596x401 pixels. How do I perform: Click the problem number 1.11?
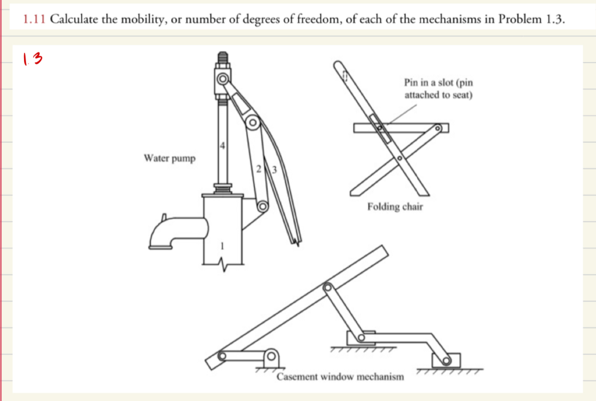click(x=35, y=20)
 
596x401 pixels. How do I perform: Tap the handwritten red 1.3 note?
click(x=32, y=59)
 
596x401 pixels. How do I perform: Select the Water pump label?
click(x=169, y=158)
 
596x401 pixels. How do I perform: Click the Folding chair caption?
click(x=395, y=207)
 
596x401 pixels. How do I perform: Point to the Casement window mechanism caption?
click(x=340, y=377)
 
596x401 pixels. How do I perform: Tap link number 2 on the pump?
click(x=259, y=169)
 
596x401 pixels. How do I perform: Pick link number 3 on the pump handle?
click(x=274, y=169)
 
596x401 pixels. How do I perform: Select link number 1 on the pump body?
click(x=222, y=246)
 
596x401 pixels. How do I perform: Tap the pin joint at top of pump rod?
click(x=223, y=78)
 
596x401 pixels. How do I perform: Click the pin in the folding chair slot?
click(x=380, y=127)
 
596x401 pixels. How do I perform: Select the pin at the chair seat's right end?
click(x=438, y=128)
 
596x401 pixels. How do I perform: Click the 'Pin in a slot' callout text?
click(x=439, y=89)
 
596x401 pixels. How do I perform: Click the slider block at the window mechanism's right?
click(x=446, y=360)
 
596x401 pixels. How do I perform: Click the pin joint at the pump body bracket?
click(x=262, y=207)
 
